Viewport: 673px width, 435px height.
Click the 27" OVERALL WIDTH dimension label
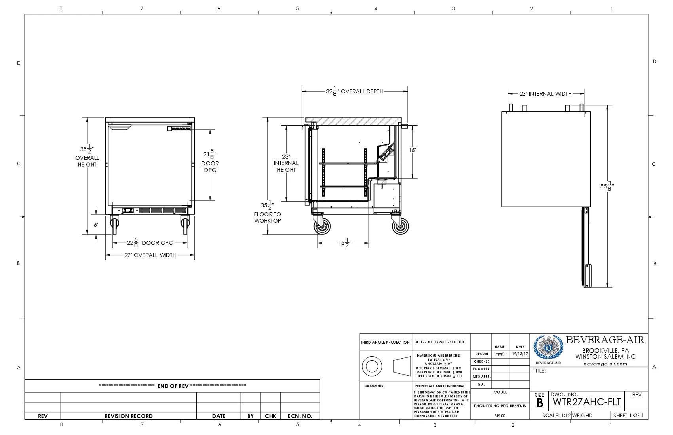pyautogui.click(x=150, y=255)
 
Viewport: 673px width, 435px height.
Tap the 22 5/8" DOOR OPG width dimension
pyautogui.click(x=150, y=243)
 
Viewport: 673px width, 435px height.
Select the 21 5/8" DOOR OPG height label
pyautogui.click(x=210, y=162)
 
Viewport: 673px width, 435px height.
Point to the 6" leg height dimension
pyautogui.click(x=96, y=225)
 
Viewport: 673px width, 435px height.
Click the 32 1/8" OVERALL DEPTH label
pyautogui.click(x=354, y=91)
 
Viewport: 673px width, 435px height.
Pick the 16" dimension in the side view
pyautogui.click(x=413, y=150)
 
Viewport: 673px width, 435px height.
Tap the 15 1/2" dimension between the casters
pyautogui.click(x=344, y=243)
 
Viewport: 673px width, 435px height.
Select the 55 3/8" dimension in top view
pyautogui.click(x=606, y=186)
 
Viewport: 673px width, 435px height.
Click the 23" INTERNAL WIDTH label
pyautogui.click(x=546, y=94)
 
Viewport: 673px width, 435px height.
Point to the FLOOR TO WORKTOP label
pyautogui.click(x=268, y=217)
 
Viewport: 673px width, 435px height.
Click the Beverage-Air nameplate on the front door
pyautogui.click(x=179, y=129)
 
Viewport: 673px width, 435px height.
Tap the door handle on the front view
pyautogui.click(x=120, y=127)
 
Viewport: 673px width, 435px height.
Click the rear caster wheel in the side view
pyautogui.click(x=400, y=227)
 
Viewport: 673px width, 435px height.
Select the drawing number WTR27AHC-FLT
pyautogui.click(x=587, y=402)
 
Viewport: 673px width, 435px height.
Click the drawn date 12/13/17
pyautogui.click(x=519, y=354)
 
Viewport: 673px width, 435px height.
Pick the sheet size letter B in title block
pyautogui.click(x=540, y=403)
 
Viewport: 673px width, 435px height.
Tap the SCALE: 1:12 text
pyautogui.click(x=556, y=415)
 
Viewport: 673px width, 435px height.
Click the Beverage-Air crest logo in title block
pyautogui.click(x=548, y=347)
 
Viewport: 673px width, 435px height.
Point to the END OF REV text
pyautogui.click(x=173, y=386)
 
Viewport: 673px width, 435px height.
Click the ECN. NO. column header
pyautogui.click(x=300, y=416)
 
